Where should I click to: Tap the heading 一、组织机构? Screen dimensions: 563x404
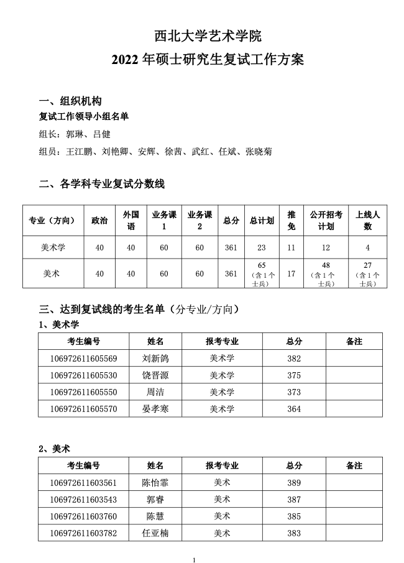tap(70, 102)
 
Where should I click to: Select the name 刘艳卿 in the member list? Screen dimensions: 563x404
tap(115, 152)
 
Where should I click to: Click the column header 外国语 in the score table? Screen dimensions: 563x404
tap(131, 221)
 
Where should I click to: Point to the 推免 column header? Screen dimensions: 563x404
tap(291, 221)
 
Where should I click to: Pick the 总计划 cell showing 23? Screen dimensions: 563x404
tap(261, 248)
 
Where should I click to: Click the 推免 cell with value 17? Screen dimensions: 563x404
tap(291, 273)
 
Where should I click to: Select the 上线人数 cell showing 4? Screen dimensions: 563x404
tap(367, 248)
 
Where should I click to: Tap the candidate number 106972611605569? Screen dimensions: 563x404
tap(83, 359)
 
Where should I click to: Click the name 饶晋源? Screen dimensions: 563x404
tap(155, 375)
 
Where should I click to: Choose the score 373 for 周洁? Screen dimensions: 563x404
tap(294, 392)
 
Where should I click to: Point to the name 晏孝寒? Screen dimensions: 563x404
tap(155, 409)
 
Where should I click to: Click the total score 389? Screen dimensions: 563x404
tap(294, 483)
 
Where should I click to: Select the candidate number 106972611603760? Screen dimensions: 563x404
tap(83, 516)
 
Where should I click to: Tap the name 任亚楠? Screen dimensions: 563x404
tap(155, 533)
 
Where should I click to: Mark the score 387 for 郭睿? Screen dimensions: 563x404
tap(294, 500)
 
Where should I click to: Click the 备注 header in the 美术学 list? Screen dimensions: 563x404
tap(354, 341)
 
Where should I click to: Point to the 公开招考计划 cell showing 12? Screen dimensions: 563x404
tap(326, 248)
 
